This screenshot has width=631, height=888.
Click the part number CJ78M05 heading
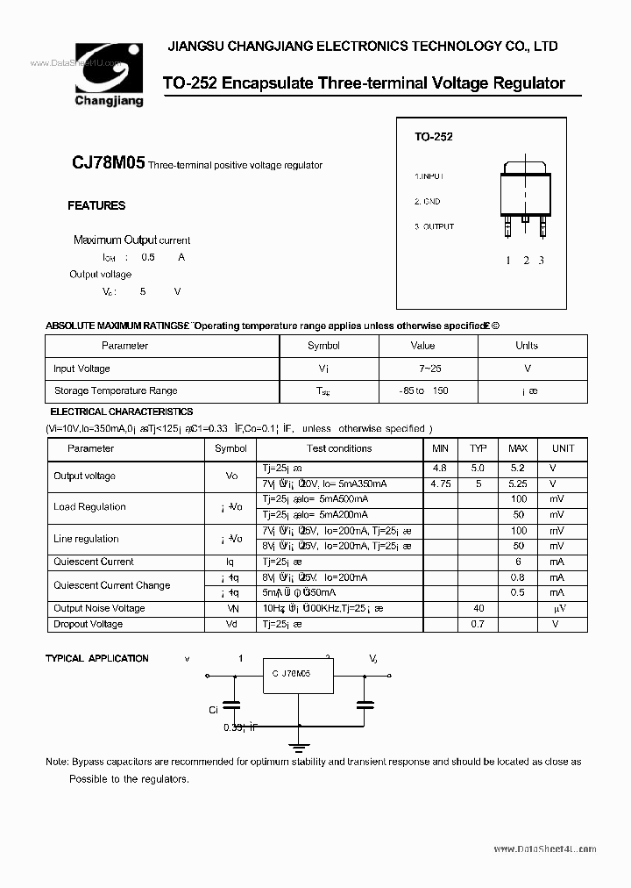(x=108, y=163)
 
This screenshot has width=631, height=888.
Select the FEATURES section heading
(x=96, y=205)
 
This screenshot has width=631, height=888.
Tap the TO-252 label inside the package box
(x=433, y=137)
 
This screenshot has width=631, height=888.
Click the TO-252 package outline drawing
(x=524, y=197)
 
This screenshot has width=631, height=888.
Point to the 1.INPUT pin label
(x=434, y=176)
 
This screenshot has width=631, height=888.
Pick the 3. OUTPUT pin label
(x=434, y=226)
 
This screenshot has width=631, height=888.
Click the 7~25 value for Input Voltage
(x=422, y=369)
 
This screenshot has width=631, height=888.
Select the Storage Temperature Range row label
(x=115, y=390)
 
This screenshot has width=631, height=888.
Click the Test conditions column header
(x=338, y=448)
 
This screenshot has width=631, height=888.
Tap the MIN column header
(x=440, y=448)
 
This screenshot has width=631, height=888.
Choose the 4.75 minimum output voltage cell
(x=440, y=483)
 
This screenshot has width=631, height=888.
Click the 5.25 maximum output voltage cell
(x=518, y=483)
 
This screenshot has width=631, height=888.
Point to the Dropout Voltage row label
(x=88, y=624)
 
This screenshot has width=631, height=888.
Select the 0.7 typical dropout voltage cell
(x=479, y=624)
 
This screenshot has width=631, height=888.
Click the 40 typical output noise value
(x=479, y=608)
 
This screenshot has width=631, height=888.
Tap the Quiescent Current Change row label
(x=111, y=585)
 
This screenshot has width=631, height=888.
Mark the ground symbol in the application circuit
(x=299, y=747)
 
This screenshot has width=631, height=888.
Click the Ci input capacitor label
(x=214, y=710)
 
